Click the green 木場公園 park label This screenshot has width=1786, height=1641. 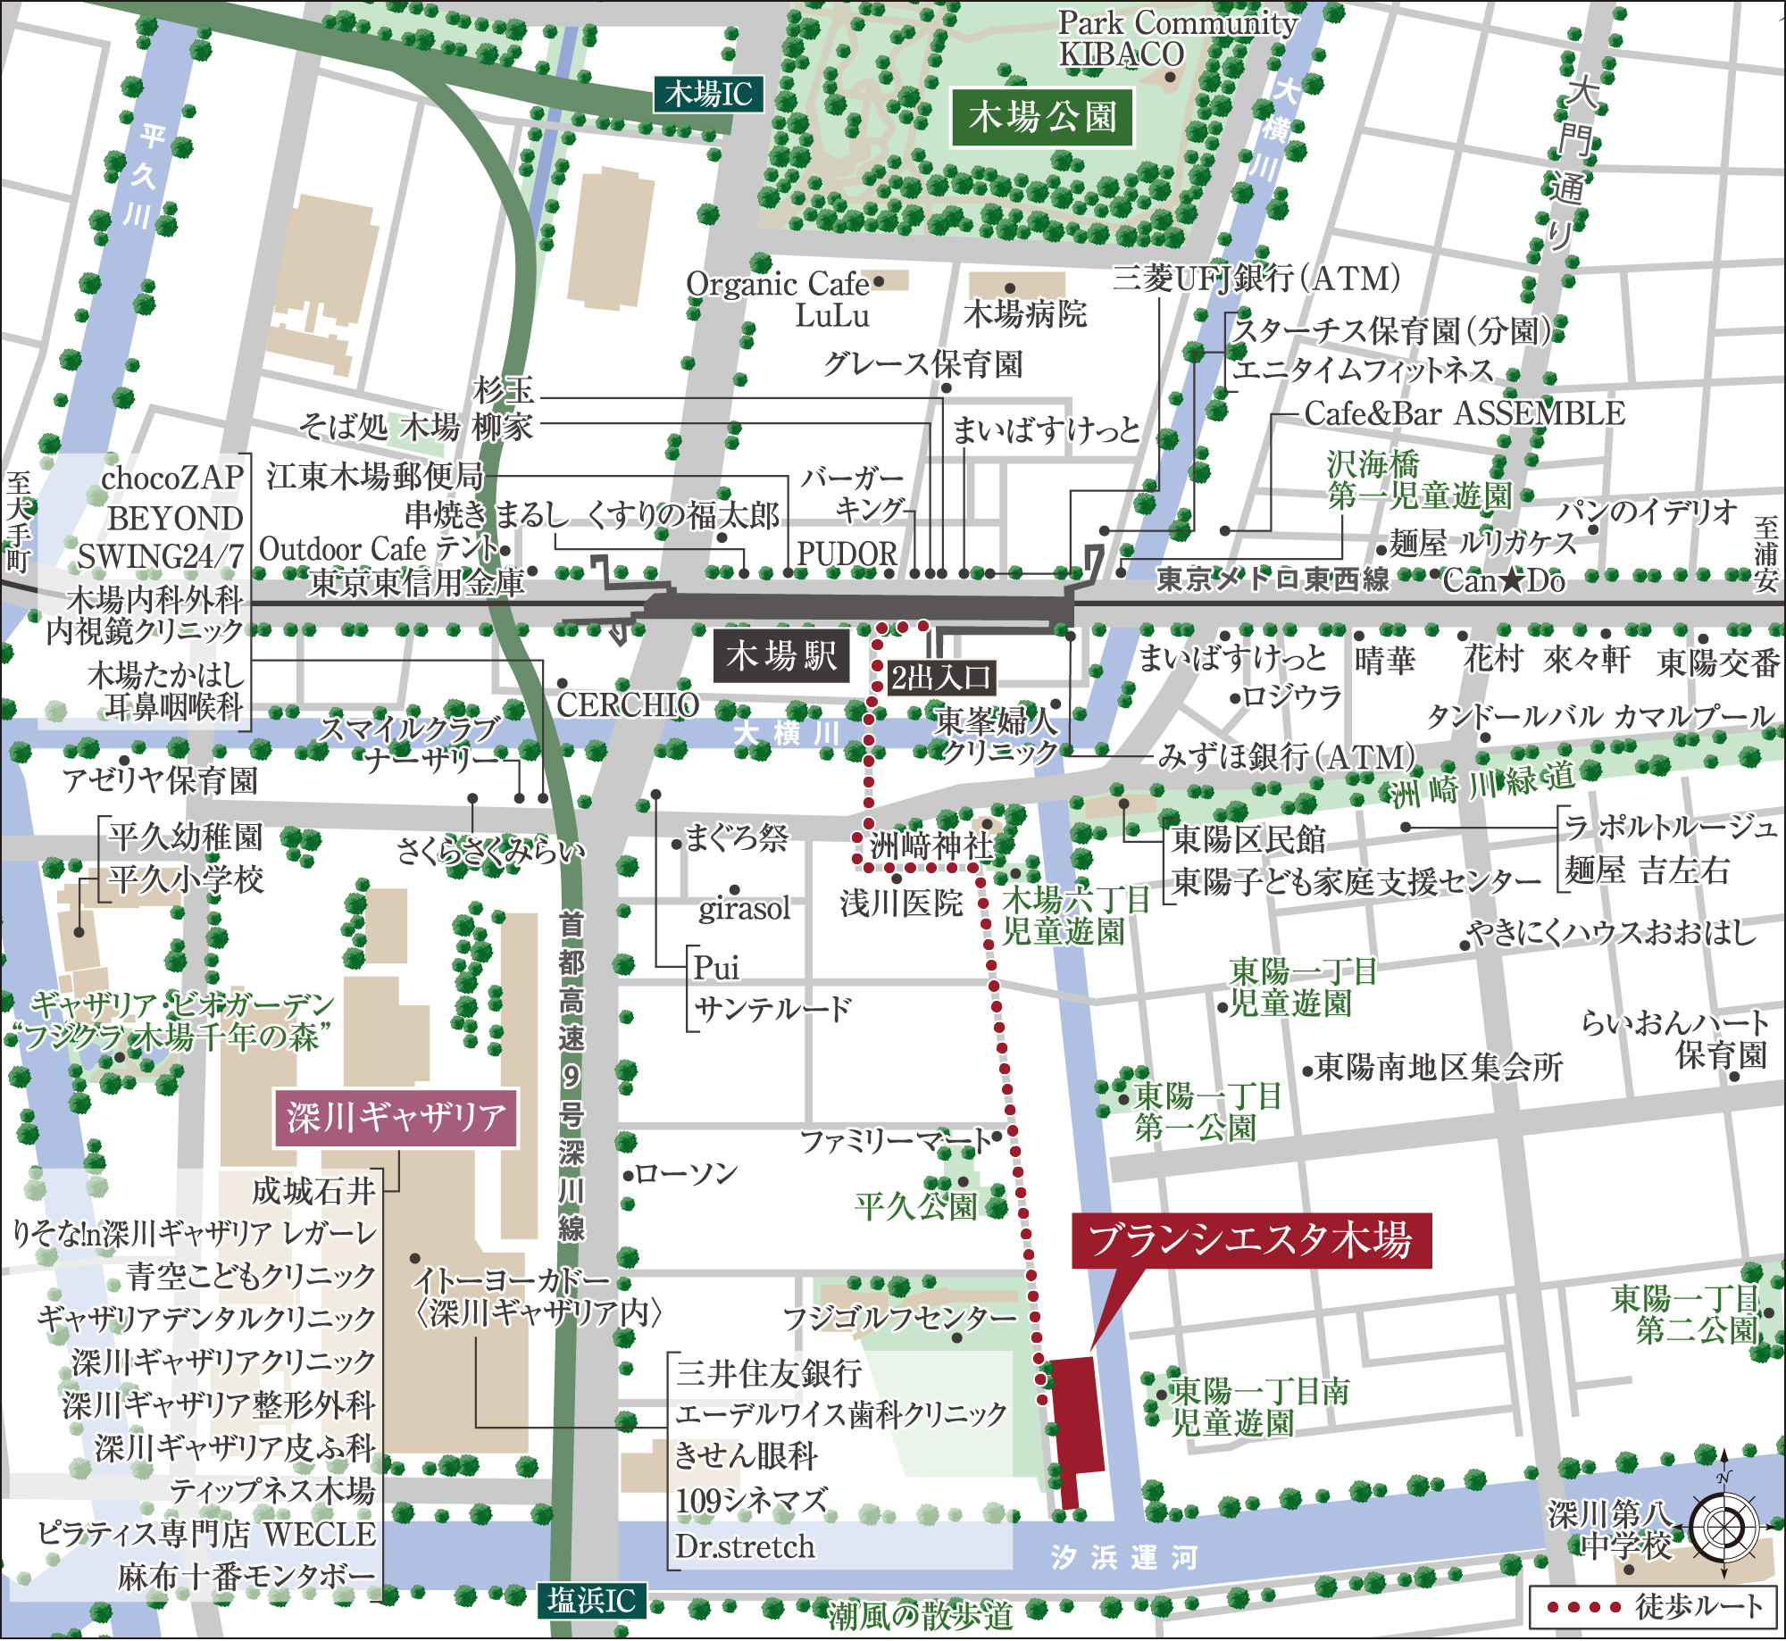(x=1042, y=117)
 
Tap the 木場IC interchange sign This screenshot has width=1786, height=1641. (x=709, y=94)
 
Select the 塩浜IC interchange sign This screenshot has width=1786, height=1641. (x=591, y=1601)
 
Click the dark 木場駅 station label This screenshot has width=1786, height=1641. (x=781, y=656)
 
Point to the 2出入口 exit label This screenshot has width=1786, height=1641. (x=941, y=678)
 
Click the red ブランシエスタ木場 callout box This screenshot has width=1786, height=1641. (x=1251, y=1240)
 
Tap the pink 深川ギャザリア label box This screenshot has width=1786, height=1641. (x=396, y=1118)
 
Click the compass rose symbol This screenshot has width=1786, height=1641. (x=1723, y=1527)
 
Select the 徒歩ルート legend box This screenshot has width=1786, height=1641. (x=1653, y=1606)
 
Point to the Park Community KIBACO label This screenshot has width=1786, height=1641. (x=1177, y=38)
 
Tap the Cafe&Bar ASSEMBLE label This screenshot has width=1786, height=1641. (x=1465, y=413)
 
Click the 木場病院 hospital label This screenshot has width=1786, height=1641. (x=1025, y=313)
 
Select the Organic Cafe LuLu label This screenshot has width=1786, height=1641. (x=779, y=299)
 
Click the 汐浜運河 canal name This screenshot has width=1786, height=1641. (x=1123, y=1557)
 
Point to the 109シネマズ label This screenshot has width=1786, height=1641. (x=752, y=1501)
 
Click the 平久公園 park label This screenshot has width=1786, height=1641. (x=915, y=1206)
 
